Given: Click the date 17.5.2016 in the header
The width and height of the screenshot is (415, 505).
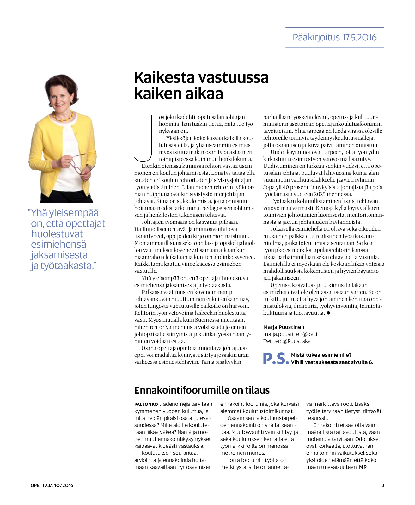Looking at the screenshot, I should [x=359, y=38].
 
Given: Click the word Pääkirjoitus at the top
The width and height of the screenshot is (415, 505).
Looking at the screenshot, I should [x=316, y=38].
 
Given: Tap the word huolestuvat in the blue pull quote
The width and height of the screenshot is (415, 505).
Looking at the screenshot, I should [x=57, y=234].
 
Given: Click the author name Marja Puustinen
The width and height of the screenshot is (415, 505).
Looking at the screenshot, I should [x=284, y=327].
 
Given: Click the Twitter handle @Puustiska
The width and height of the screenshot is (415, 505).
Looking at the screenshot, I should [x=296, y=341].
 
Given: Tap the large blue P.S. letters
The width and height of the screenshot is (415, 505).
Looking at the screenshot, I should [x=276, y=358].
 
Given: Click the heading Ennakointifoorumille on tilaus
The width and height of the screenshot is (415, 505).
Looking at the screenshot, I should [x=202, y=390].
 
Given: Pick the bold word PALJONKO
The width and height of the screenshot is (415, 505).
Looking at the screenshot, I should [x=146, y=404].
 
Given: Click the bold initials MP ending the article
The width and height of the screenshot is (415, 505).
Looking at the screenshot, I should [x=363, y=467].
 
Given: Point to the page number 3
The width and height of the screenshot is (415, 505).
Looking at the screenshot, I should [x=383, y=485].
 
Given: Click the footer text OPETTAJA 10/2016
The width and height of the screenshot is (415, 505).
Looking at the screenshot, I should [x=52, y=485].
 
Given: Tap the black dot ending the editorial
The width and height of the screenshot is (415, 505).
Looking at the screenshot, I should [x=328, y=313].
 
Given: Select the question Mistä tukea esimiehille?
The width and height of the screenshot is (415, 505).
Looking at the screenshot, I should [x=321, y=355].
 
